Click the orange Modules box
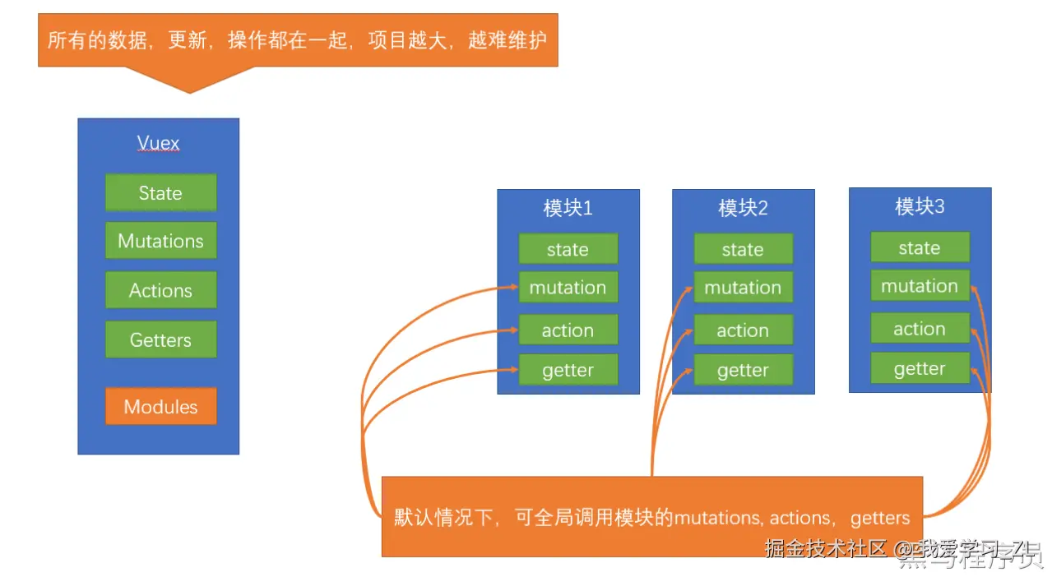[160, 406]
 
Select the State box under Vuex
[160, 193]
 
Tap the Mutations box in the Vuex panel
[160, 241]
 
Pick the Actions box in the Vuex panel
[160, 290]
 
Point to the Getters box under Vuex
[160, 339]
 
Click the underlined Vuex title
[158, 143]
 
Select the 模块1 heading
[568, 208]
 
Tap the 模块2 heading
[743, 208]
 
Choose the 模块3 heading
[920, 206]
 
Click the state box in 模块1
[568, 249]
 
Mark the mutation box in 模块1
[568, 288]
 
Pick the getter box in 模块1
[568, 370]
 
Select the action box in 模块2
[743, 330]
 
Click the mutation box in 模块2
[743, 288]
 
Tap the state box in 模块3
[920, 247]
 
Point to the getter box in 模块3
[920, 368]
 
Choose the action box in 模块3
[920, 329]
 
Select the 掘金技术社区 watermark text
[825, 548]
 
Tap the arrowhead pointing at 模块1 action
[513, 330]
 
